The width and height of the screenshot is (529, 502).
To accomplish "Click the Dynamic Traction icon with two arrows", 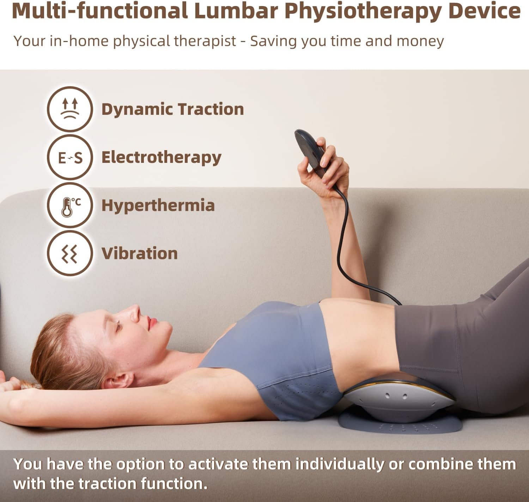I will click(x=70, y=109).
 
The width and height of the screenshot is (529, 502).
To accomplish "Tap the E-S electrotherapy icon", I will click(x=70, y=157).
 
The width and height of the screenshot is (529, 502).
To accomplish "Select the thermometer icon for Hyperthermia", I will click(x=70, y=205).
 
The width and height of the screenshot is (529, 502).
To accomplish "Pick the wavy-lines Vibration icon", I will click(x=70, y=253).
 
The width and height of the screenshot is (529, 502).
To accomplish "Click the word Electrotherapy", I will click(x=161, y=158).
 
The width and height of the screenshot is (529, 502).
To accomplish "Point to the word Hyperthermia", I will click(x=158, y=206).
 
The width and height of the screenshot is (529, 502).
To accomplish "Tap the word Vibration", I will click(x=139, y=254).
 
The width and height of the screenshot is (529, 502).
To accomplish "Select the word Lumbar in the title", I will click(x=236, y=11).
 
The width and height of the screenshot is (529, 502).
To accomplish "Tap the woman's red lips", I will click(x=152, y=323).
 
